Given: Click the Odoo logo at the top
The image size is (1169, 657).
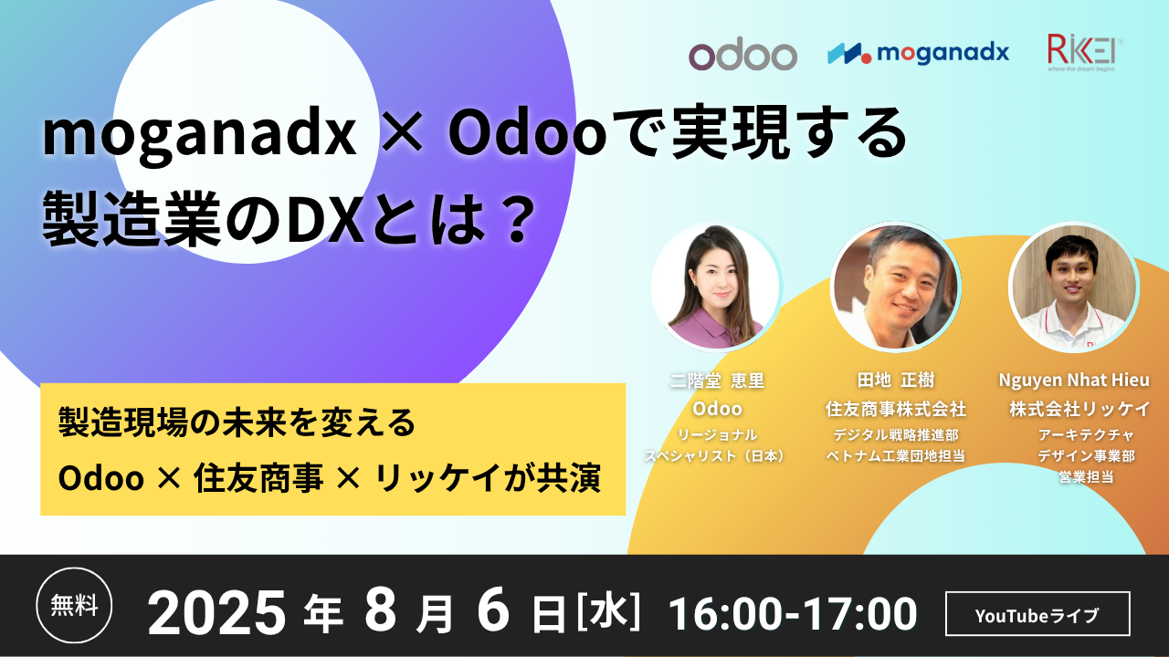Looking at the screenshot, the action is pyautogui.click(x=742, y=56).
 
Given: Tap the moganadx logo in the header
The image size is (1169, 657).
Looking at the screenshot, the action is pyautogui.click(x=919, y=53).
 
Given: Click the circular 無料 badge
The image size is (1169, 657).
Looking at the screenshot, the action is pyautogui.click(x=74, y=605).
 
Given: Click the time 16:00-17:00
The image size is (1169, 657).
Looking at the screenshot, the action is pyautogui.click(x=793, y=614).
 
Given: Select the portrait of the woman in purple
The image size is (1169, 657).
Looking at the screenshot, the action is pyautogui.click(x=715, y=287).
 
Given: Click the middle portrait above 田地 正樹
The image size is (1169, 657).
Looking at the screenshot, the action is pyautogui.click(x=895, y=287).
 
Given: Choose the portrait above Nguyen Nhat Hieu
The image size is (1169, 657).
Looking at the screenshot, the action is pyautogui.click(x=1074, y=287).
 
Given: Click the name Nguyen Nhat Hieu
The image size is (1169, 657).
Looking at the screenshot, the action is pyautogui.click(x=1074, y=381).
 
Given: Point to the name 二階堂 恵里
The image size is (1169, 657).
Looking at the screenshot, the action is pyautogui.click(x=717, y=381).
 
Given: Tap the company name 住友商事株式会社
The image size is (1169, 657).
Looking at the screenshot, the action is pyautogui.click(x=896, y=410).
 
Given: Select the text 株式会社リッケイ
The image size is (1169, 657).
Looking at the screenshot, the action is pyautogui.click(x=1079, y=410).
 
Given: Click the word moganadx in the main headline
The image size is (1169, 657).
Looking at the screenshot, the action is pyautogui.click(x=199, y=136).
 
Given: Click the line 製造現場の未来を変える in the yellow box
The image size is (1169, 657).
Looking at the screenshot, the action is pyautogui.click(x=237, y=422).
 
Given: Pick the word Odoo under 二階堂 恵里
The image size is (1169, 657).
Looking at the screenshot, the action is pyautogui.click(x=717, y=410).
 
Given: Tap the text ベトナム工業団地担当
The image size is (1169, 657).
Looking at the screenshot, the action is pyautogui.click(x=896, y=455).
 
